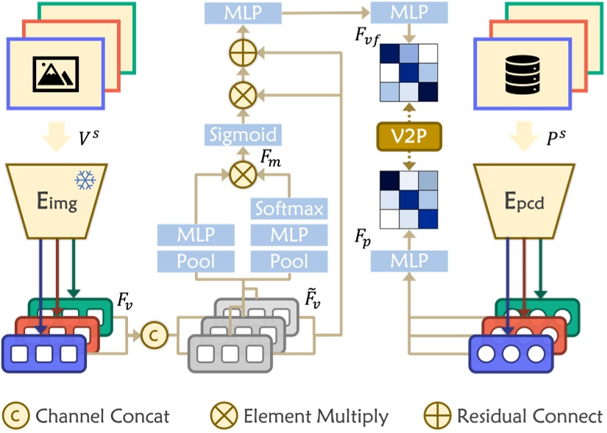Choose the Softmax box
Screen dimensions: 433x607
[x=288, y=209]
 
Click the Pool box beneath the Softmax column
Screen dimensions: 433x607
[x=288, y=261]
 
